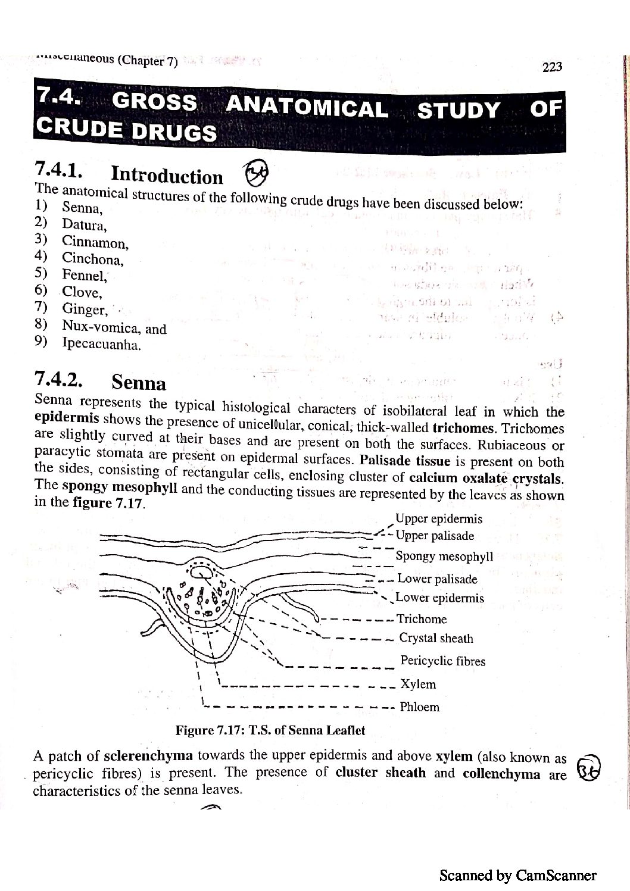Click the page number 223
coord(552,67)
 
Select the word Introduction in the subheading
coord(167,176)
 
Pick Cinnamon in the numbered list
coord(95,243)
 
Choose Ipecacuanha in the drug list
coord(101,344)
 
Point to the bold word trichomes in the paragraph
coord(463,427)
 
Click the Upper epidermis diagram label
coord(439,519)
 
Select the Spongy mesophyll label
coord(444,557)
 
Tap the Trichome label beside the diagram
coord(422,619)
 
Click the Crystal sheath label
coord(436,639)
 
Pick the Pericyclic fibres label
coord(442,661)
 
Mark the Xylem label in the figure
coord(417,684)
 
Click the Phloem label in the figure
coord(419,707)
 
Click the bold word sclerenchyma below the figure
coord(148,756)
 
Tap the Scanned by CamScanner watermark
coord(517,875)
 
